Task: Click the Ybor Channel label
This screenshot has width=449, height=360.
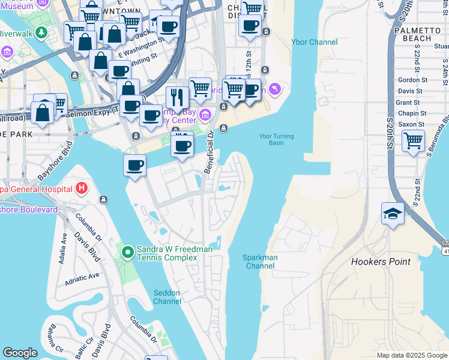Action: (x=314, y=42)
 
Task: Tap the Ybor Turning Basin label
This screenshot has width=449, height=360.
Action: (x=276, y=140)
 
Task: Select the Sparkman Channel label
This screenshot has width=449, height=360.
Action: (x=260, y=262)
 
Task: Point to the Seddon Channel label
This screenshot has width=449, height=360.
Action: (x=167, y=297)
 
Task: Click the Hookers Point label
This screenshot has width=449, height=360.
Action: (x=381, y=262)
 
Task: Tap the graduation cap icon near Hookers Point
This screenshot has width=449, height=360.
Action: (x=392, y=214)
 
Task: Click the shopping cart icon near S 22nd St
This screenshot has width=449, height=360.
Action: (x=413, y=142)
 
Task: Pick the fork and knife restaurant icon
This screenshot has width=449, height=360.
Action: (x=177, y=97)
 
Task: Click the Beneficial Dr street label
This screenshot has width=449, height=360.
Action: (x=210, y=159)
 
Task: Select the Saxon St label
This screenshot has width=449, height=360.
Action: (x=412, y=124)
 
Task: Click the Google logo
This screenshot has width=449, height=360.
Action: (x=20, y=353)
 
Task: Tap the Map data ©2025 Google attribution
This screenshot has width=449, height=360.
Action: (x=412, y=355)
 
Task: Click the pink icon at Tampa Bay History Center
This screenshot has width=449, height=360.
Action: (x=205, y=114)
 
